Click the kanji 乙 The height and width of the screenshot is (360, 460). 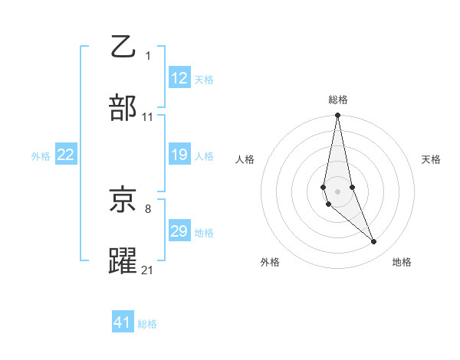click(x=123, y=47)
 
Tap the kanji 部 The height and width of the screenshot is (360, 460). click(x=123, y=109)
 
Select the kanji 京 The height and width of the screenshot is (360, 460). click(x=123, y=201)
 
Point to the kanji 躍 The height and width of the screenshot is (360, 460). click(x=123, y=260)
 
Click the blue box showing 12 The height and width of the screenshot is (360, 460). click(x=179, y=78)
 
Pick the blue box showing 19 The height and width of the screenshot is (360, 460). click(x=179, y=155)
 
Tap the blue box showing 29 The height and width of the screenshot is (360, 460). click(x=179, y=231)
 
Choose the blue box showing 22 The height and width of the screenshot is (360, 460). click(x=65, y=155)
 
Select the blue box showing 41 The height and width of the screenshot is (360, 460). click(x=123, y=322)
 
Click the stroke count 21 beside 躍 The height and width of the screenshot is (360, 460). click(x=148, y=270)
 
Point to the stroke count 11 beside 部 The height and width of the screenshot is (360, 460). click(x=148, y=117)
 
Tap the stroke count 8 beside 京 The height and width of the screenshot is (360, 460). click(x=147, y=208)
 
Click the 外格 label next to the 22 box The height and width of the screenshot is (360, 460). click(x=41, y=156)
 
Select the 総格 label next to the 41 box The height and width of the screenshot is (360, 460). click(x=147, y=324)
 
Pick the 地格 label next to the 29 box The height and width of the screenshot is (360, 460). click(x=204, y=233)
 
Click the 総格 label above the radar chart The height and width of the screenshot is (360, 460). click(x=338, y=100)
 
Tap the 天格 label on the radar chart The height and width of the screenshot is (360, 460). click(x=431, y=159)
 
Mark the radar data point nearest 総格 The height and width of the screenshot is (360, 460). click(x=338, y=116)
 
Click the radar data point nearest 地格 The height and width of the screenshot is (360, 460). click(x=374, y=242)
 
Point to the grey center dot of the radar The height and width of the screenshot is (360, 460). click(x=338, y=191)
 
